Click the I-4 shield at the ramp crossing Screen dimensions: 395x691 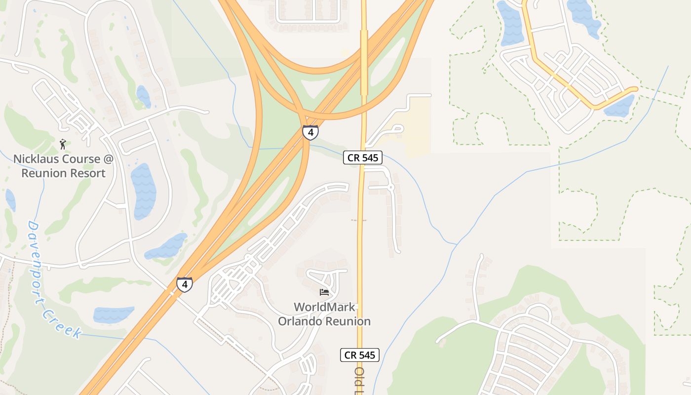tap(310, 132)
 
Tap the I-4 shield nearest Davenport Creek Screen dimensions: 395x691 tap(184, 284)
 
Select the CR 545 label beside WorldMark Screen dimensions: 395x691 tap(360, 355)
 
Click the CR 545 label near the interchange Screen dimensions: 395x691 tap(363, 158)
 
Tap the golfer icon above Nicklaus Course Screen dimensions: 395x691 tap(63, 144)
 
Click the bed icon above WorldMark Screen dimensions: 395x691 tap(324, 292)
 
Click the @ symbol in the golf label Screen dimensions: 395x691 tap(108, 159)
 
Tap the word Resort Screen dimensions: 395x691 tap(88, 173)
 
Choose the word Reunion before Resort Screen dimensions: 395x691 tap(43, 173)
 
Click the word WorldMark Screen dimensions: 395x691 tap(324, 307)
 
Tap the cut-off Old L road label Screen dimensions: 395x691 tap(359, 380)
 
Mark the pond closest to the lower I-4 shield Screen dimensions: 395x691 tap(166, 246)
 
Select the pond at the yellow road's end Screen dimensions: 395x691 tap(620, 106)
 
